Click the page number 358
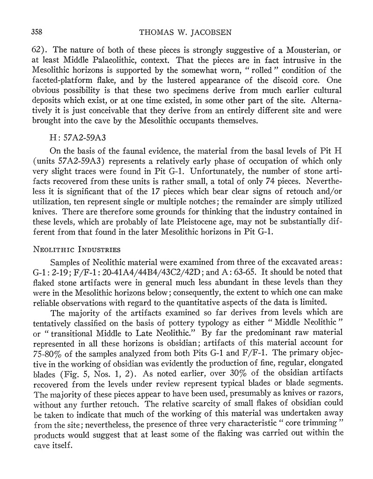[37, 32]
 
